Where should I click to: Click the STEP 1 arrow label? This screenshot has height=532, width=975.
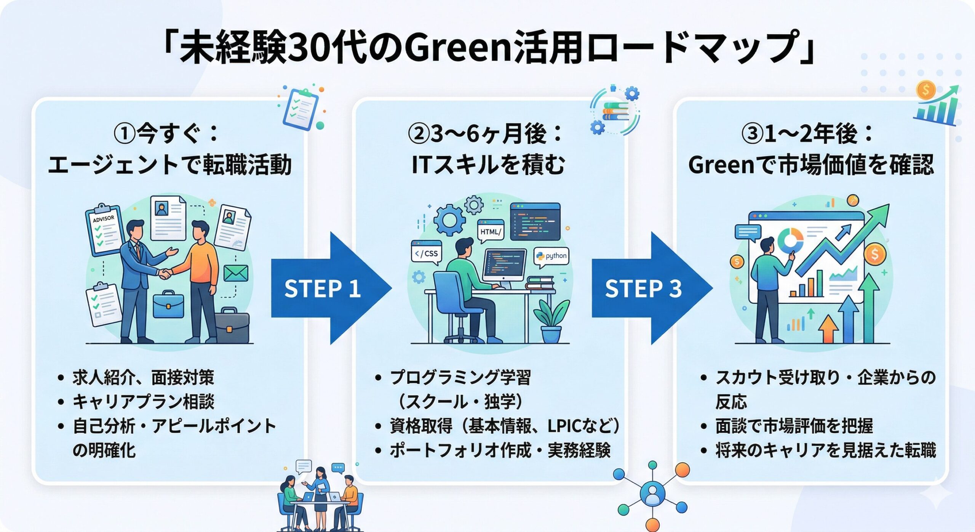coord(322,288)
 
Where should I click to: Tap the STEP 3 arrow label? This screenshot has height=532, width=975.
coord(643,288)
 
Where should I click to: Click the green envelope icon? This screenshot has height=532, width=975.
coord(236,273)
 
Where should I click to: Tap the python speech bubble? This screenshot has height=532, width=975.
coord(552,256)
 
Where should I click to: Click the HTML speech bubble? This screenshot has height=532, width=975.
coord(491,231)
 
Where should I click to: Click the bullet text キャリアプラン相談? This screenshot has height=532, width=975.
coord(144,402)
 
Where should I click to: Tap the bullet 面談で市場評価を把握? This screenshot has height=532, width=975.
coord(794,426)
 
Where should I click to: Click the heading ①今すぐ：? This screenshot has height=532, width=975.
coord(166,134)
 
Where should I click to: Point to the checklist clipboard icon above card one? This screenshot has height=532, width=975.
coord(301,109)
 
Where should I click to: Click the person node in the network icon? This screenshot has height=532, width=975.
coord(652,494)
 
